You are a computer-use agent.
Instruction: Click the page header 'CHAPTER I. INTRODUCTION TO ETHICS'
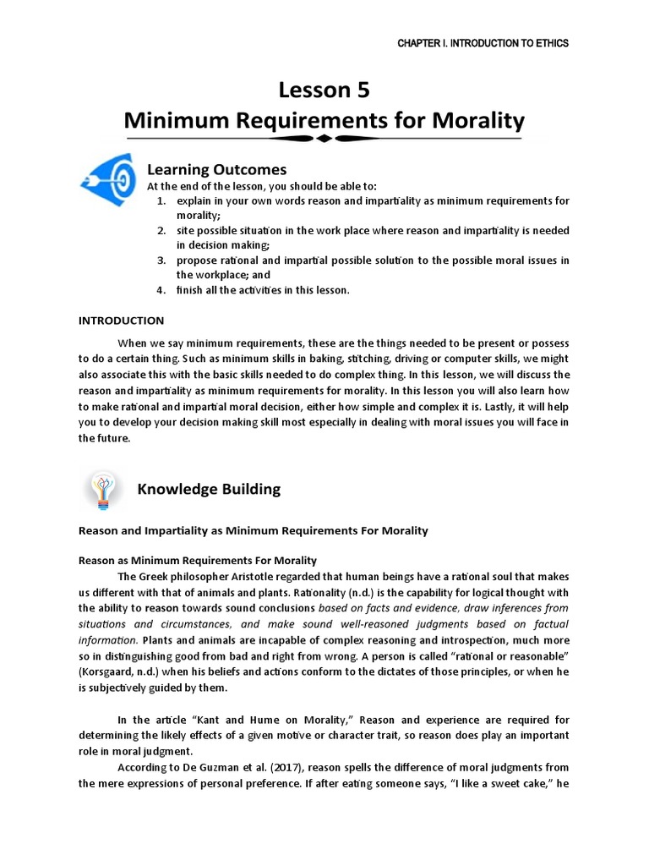(x=483, y=44)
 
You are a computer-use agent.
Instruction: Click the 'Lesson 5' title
(x=324, y=90)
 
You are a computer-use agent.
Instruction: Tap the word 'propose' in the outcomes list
(x=196, y=260)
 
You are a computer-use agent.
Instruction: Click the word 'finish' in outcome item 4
(x=190, y=290)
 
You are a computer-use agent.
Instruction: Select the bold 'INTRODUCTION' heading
(x=121, y=321)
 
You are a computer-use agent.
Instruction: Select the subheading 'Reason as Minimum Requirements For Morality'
(x=197, y=560)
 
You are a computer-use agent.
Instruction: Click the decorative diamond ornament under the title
(x=324, y=140)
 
